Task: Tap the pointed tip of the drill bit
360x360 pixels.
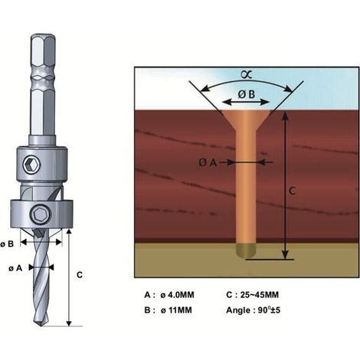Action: coord(41,326)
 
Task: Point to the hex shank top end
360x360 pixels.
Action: coord(43,36)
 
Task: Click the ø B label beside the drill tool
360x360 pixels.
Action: coord(7,244)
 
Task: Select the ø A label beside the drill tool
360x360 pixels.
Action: coord(15,268)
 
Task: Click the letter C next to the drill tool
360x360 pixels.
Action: coord(80,275)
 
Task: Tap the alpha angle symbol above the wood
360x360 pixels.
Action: coord(247,75)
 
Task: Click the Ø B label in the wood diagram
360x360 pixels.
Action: coord(247,95)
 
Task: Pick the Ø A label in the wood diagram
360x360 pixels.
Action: coord(208,162)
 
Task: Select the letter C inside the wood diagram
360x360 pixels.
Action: coord(292,191)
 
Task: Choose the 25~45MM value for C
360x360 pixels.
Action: coord(260,295)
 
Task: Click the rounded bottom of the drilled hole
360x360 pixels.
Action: coord(246,250)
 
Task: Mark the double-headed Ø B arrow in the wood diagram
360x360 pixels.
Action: coord(246,103)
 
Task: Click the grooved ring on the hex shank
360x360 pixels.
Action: coord(43,76)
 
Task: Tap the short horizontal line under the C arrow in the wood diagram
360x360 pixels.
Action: coord(270,260)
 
